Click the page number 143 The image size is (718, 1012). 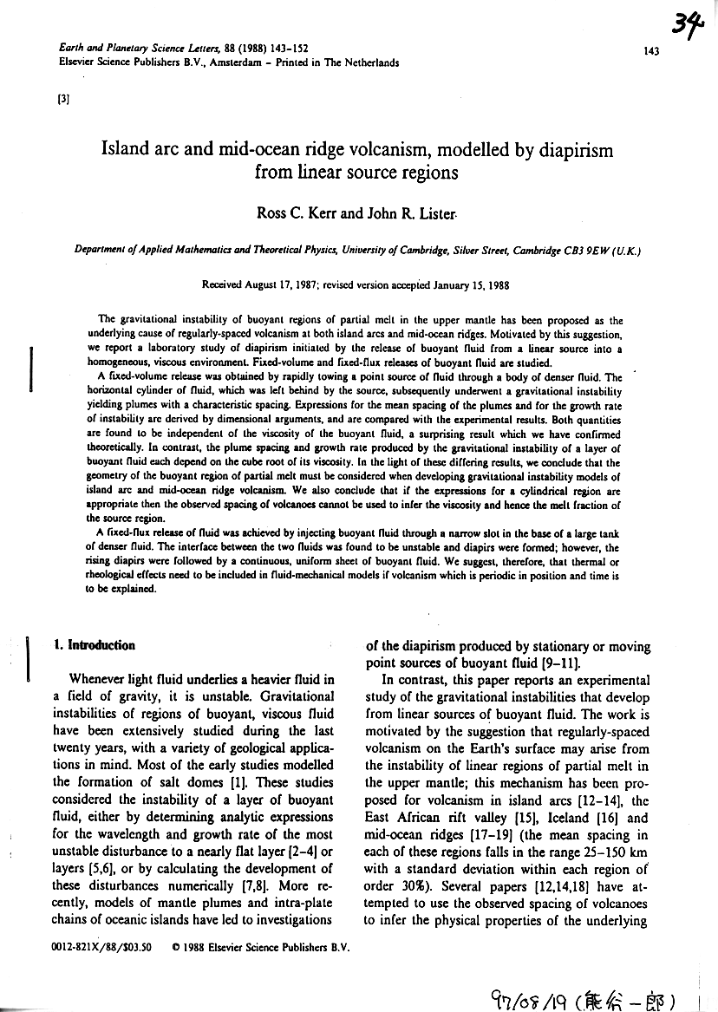coord(652,51)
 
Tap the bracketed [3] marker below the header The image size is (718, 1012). coord(62,98)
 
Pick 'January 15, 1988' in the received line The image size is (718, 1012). coord(470,284)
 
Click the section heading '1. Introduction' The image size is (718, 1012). coord(94,645)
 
